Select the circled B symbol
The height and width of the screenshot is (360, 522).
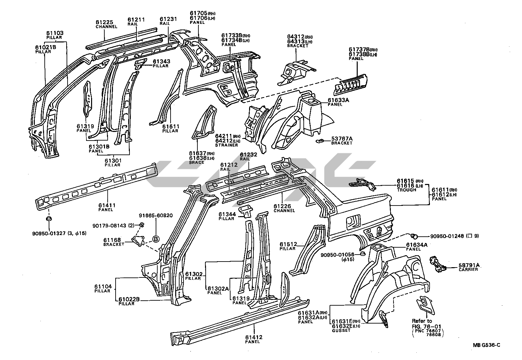156,238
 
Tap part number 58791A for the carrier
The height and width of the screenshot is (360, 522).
468,265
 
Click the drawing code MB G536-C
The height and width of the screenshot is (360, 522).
486,345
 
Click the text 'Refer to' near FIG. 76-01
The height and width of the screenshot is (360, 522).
422,321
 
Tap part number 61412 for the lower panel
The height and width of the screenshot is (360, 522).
254,337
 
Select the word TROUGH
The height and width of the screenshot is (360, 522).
406,190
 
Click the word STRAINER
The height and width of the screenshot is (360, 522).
226,145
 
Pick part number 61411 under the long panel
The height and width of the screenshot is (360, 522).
107,206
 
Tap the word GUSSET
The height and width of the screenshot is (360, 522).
341,330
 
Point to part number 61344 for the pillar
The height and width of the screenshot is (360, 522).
227,214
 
